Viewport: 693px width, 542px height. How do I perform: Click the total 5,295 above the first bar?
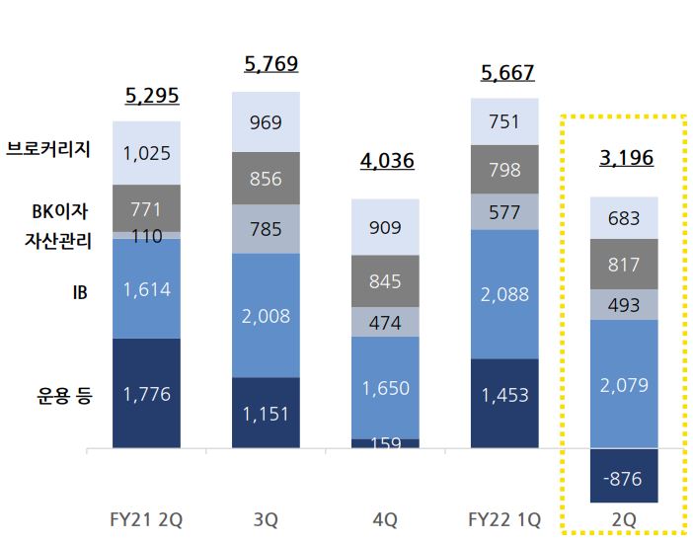(152, 96)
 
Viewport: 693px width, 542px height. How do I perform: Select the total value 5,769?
(271, 64)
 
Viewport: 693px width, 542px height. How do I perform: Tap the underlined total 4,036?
(387, 161)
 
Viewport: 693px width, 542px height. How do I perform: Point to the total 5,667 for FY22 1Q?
(507, 72)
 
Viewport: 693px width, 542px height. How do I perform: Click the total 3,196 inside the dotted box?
(626, 158)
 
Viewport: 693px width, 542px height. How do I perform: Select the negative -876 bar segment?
(624, 476)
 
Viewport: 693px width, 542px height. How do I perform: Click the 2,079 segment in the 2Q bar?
(624, 384)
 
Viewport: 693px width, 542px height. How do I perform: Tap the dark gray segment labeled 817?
(624, 265)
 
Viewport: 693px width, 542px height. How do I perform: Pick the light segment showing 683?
(624, 218)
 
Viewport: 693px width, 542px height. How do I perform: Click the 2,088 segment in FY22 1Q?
(504, 294)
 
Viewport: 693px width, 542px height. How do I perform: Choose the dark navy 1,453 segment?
(504, 404)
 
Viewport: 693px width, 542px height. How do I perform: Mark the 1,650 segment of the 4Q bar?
(385, 388)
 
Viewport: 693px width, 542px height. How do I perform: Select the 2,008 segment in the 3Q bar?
(267, 316)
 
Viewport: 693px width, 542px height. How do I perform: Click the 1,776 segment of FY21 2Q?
(147, 394)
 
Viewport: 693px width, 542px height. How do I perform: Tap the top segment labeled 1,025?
(147, 153)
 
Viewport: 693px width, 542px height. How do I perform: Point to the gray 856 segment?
(267, 179)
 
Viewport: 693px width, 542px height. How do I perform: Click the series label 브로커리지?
(48, 149)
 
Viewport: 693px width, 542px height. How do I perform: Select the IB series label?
(80, 292)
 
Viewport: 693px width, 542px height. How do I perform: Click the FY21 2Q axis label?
(146, 519)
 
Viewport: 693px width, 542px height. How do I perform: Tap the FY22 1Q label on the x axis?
(504, 519)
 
